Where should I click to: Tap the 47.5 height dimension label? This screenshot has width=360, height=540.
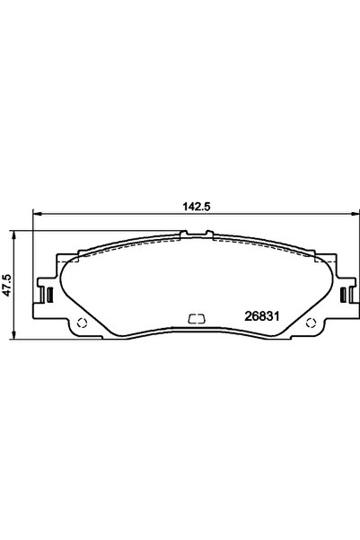click(x=7, y=285)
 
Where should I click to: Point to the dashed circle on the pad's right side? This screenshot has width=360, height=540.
click(x=312, y=324)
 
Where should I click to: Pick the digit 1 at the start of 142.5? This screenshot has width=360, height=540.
click(x=182, y=206)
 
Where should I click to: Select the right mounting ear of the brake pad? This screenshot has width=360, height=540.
click(x=345, y=293)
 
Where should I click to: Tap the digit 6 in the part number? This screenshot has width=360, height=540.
click(x=253, y=316)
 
